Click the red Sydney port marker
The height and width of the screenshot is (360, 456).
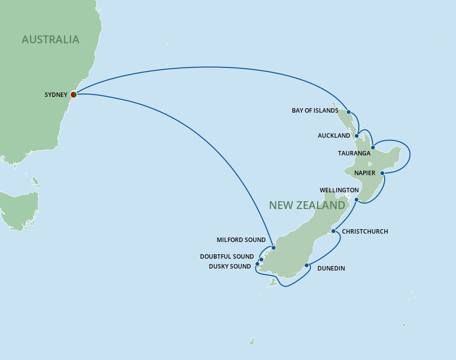point(74,94)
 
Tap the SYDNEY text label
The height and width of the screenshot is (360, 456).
point(56,95)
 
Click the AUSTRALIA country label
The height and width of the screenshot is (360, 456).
point(50,39)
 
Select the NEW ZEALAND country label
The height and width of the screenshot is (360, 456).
point(307,205)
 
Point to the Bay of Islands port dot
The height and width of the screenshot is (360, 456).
point(349,112)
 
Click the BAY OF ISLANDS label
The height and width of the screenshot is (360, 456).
point(315,111)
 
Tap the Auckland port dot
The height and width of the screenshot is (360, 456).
point(357,136)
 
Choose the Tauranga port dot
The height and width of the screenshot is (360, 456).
point(373,148)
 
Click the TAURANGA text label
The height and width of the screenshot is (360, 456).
point(354,153)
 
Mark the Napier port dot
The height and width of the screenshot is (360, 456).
point(382,173)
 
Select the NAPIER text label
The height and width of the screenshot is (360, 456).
point(365,173)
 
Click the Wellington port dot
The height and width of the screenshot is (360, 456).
point(357,200)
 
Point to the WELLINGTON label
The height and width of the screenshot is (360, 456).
point(339,190)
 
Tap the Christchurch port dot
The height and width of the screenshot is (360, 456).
point(333,231)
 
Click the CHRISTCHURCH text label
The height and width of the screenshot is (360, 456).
point(365,232)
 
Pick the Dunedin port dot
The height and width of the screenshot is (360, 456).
point(307,266)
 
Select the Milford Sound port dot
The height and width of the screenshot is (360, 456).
point(274,248)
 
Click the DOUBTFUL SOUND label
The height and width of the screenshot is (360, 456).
point(227,257)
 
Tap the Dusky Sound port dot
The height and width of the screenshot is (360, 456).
point(257,264)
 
